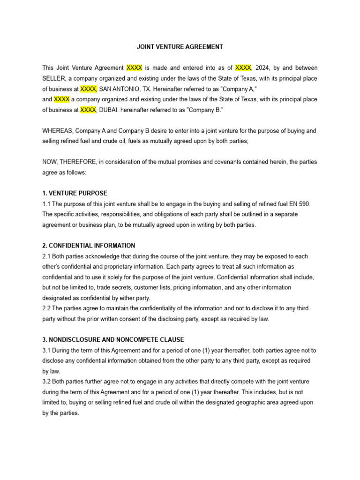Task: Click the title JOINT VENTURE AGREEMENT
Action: click(180, 47)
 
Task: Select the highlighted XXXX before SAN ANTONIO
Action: click(88, 89)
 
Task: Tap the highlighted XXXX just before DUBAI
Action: click(88, 110)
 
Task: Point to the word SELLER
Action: click(54, 78)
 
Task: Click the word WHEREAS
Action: click(57, 131)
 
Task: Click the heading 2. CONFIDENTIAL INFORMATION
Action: click(89, 246)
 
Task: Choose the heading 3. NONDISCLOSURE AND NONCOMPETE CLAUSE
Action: click(113, 339)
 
